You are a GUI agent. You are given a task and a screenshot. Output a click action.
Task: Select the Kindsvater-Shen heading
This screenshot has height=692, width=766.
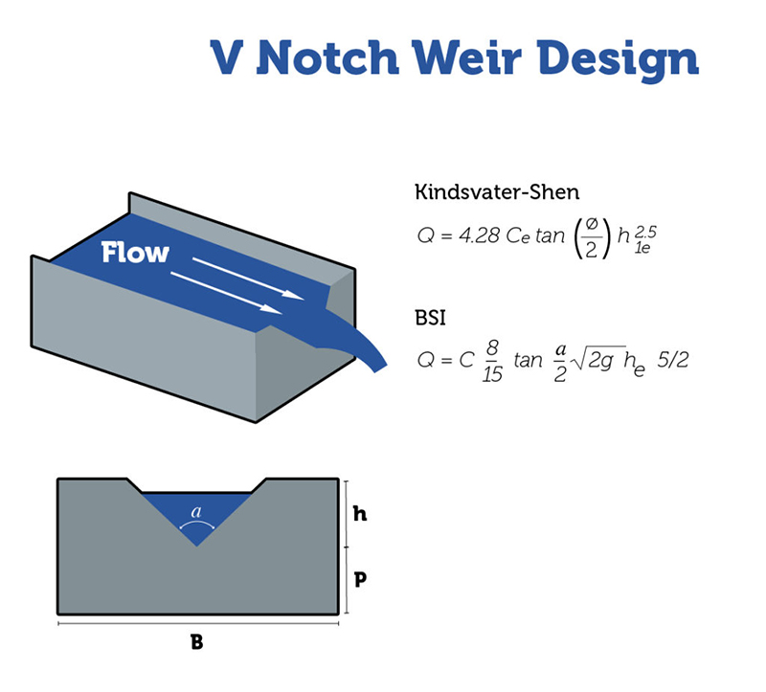coord(496,191)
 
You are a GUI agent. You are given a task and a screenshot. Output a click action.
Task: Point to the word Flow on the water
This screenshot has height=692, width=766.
coord(135,253)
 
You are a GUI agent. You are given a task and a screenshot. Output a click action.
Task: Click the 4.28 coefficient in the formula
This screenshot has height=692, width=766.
coord(481,235)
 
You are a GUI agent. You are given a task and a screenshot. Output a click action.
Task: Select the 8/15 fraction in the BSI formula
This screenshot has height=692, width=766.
coord(492,361)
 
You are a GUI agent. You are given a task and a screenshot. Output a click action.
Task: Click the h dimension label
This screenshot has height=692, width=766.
coord(360,514)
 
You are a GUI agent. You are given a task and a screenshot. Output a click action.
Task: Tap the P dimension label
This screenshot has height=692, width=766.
coord(360,578)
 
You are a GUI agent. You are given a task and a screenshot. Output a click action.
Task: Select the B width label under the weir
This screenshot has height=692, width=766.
coord(197,642)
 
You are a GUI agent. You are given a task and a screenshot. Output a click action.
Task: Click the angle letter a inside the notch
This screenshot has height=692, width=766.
coord(197,512)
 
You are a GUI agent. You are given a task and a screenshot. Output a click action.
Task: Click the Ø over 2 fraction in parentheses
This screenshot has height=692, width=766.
coord(590,235)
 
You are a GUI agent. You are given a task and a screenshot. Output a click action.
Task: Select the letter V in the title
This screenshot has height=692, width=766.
coord(231,58)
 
